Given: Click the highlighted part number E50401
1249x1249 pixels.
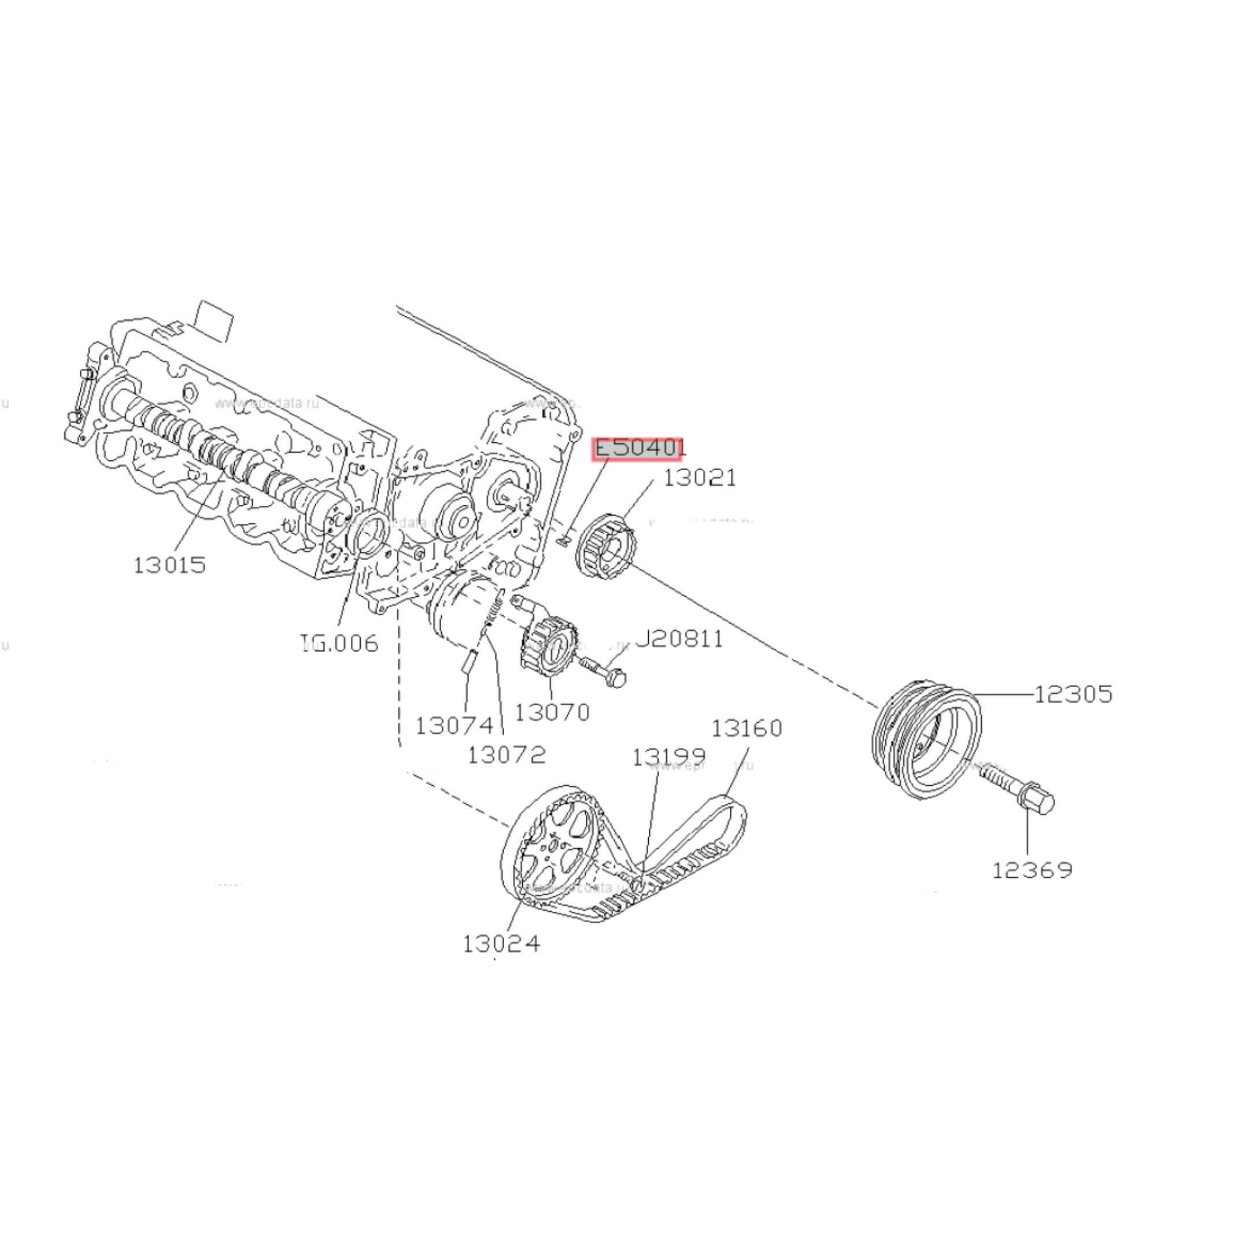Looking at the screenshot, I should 637,448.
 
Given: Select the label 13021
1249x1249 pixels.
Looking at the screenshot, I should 700,478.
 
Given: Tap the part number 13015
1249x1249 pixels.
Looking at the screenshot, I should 169,565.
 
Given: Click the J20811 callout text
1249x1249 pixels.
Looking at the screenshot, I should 680,639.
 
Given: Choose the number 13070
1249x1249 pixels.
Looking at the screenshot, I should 552,712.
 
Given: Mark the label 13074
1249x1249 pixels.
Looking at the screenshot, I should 454,725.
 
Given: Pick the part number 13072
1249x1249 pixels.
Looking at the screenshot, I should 506,754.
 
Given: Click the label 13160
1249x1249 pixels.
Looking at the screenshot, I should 747,729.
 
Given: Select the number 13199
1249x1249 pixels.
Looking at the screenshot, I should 668,757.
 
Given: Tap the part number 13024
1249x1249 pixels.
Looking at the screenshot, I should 501,944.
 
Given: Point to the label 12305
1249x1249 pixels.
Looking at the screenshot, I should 1073,694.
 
